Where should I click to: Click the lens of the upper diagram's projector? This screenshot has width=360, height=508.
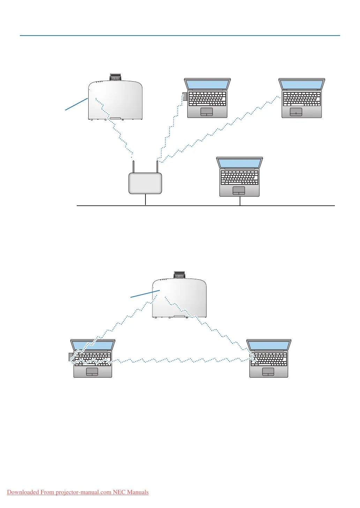115,77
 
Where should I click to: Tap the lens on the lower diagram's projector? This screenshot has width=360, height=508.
179,275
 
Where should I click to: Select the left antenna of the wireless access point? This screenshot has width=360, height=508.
134,167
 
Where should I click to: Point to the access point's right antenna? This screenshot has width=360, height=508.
157,167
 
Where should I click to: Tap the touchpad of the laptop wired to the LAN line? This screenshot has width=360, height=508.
239,190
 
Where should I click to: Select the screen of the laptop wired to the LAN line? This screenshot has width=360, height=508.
239,163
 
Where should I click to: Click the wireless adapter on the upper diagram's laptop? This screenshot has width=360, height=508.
185,97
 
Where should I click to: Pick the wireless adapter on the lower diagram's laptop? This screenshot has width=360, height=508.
71,356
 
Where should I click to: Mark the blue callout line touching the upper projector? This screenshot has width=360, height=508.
76,104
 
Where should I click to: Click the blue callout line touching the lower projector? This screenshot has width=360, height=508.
145,294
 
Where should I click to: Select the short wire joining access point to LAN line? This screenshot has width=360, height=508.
145,200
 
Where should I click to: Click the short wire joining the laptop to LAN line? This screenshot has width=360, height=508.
240,201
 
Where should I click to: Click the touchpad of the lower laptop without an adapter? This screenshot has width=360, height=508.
268,371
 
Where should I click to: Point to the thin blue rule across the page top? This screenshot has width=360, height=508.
180,36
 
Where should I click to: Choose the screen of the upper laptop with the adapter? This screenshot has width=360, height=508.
207,84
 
